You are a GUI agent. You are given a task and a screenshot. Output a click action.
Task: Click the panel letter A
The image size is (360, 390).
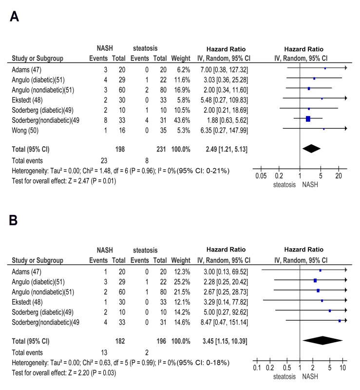14,17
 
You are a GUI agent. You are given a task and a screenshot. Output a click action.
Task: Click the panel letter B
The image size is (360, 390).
13,220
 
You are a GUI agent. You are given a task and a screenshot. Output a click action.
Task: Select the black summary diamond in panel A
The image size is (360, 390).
311,149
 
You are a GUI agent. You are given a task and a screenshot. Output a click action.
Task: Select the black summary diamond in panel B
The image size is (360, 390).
322,340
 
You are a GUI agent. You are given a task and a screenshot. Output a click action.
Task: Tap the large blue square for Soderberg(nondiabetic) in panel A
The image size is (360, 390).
308,119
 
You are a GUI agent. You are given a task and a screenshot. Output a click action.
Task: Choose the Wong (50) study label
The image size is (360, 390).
25,131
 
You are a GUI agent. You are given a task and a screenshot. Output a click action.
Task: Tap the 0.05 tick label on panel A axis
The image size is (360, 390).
261,176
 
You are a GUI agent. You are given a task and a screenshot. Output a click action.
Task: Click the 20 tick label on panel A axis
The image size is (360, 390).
339,176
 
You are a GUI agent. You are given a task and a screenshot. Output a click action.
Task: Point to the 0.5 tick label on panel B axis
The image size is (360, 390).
286,368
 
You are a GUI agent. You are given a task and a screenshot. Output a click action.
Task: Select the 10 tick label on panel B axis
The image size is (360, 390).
342,368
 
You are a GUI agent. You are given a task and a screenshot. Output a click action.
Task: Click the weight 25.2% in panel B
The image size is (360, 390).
182,282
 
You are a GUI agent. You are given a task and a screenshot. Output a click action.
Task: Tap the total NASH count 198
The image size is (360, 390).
120,149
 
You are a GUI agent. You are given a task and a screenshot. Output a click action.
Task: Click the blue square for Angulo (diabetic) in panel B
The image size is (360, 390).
315,281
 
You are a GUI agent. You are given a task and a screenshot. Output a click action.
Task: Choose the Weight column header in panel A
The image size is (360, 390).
181,58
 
